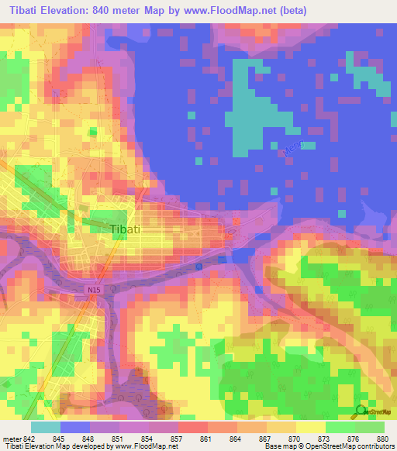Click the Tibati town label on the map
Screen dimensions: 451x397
tap(125, 230)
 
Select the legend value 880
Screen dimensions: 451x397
tap(381, 439)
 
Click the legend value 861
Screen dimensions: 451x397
tap(205, 439)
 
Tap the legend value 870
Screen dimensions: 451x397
tap(294, 439)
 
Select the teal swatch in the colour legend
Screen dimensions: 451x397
tap(45, 427)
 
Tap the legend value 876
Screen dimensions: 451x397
tap(352, 439)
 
